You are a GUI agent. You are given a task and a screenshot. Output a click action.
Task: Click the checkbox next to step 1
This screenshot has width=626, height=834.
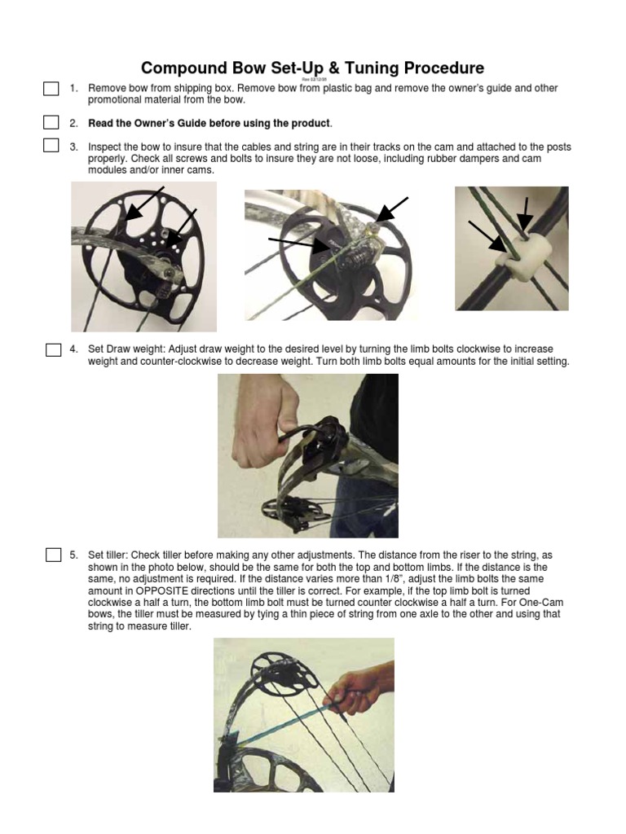[x=51, y=89]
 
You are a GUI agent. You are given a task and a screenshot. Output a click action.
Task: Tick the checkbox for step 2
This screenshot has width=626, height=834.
[x=51, y=123]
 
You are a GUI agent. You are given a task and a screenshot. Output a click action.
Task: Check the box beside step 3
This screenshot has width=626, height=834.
[x=51, y=147]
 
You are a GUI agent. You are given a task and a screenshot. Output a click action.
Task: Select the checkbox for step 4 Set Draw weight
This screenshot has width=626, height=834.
[x=54, y=350]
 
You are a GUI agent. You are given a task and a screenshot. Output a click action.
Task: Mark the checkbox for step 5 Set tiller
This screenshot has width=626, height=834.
[x=54, y=555]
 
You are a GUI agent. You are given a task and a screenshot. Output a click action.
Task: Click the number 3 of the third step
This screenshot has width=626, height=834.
[x=73, y=147]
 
